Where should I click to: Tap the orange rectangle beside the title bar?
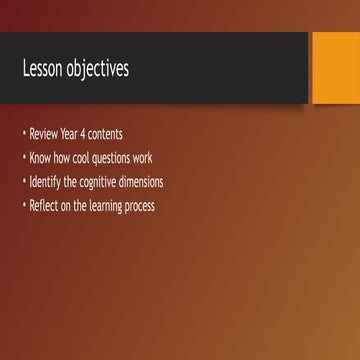tap(336, 68)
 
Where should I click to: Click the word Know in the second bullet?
tap(42, 158)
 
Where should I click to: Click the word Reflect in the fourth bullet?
tap(45, 206)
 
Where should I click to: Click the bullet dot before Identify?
tap(24, 183)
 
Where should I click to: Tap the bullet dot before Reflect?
tap(24, 207)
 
